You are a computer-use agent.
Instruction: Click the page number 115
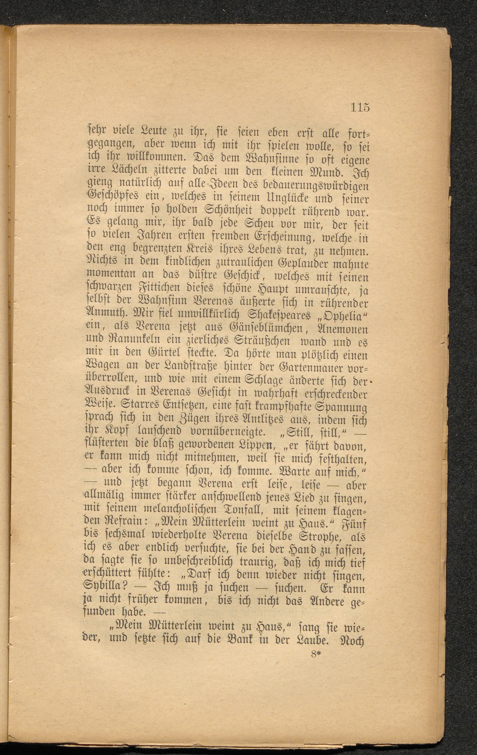[360, 107]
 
